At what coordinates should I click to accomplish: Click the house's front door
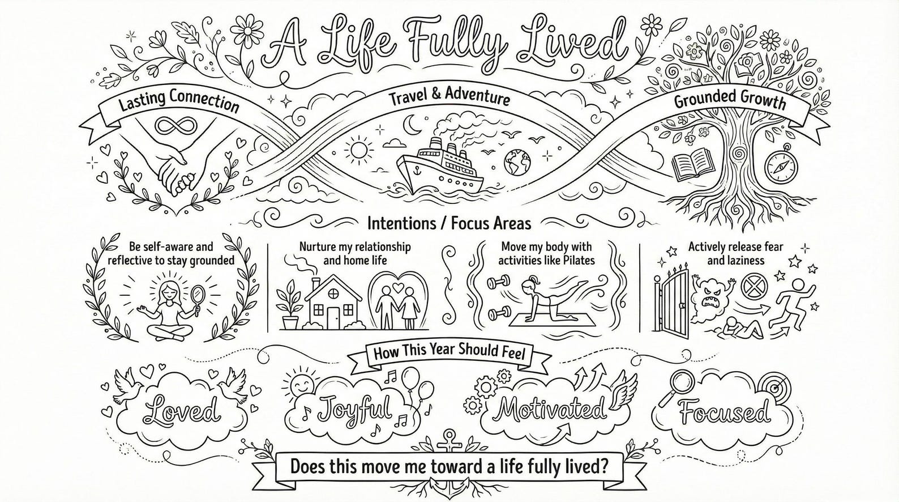[x=332, y=317]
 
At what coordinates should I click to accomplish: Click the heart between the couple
[x=397, y=288]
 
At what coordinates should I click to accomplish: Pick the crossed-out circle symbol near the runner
[x=752, y=287]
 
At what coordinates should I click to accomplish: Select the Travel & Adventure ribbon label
[x=449, y=98]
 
